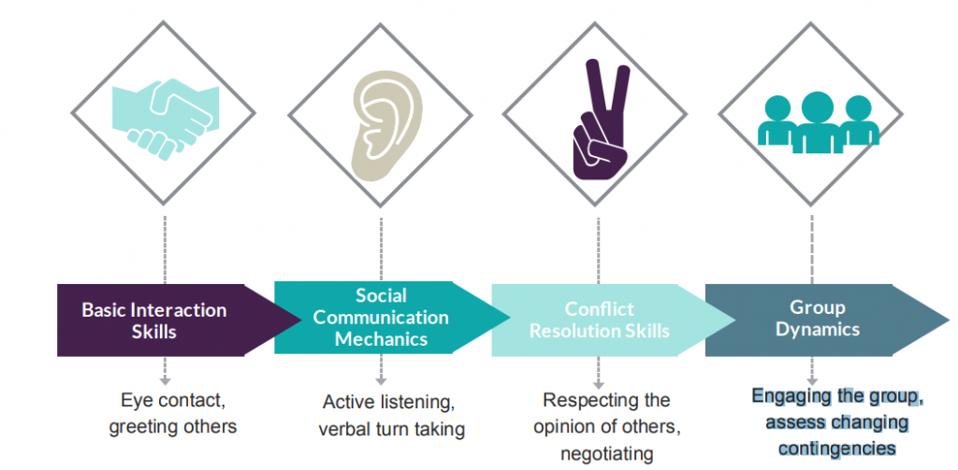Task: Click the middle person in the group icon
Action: pos(817,121)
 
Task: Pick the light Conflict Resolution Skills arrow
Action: pos(599,320)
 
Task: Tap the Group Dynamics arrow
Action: pos(817,319)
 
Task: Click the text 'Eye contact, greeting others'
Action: pos(173,414)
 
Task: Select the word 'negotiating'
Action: pos(604,453)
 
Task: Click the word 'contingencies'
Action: pos(836,448)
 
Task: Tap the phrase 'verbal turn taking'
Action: pos(391,430)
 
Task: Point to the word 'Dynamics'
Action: pos(817,329)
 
